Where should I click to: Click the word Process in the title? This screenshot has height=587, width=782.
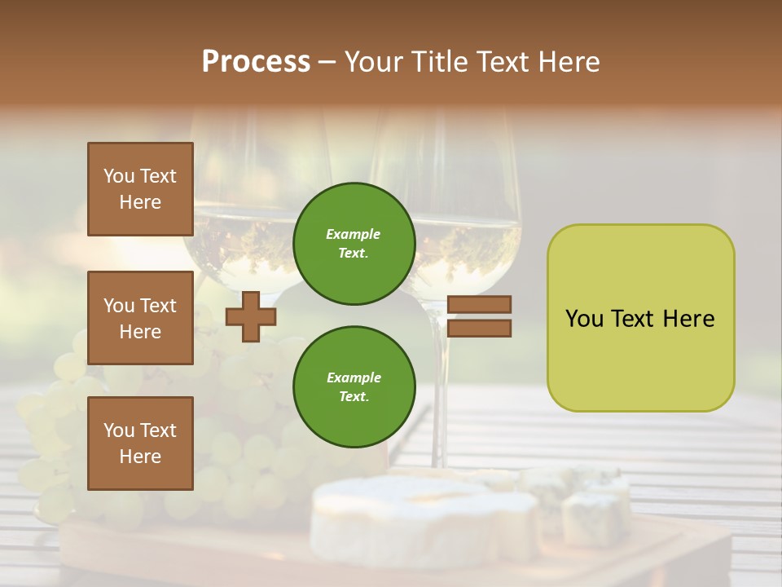click(x=256, y=62)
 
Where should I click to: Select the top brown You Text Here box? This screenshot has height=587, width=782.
click(x=140, y=189)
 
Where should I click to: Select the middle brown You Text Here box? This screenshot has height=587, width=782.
click(x=140, y=318)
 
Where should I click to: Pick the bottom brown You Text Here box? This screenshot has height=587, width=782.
click(x=140, y=444)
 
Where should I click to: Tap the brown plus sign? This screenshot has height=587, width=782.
click(x=251, y=317)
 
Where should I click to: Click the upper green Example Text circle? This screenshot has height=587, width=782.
click(x=354, y=244)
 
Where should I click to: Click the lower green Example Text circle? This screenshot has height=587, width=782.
click(x=354, y=387)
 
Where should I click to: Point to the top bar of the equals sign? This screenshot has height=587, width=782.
click(x=479, y=304)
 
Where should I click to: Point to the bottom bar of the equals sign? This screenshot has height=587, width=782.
click(x=479, y=329)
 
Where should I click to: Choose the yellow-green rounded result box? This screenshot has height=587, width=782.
click(x=640, y=318)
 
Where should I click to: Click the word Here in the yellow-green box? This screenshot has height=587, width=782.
click(x=688, y=319)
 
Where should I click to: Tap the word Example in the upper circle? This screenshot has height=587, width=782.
click(x=354, y=234)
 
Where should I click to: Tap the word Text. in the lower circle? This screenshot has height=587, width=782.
click(x=354, y=397)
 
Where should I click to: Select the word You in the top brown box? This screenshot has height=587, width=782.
click(x=118, y=176)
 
